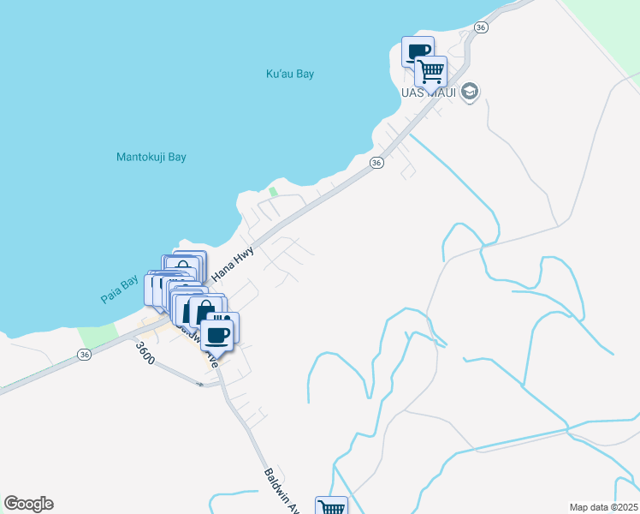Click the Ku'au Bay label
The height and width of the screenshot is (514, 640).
point(290,74)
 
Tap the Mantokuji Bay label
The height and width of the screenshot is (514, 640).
point(151,157)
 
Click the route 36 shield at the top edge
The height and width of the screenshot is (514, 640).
point(481,28)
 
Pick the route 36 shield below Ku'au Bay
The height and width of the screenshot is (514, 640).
point(376,162)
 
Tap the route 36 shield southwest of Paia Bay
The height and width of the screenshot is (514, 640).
point(84,354)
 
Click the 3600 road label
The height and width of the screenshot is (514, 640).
point(145,354)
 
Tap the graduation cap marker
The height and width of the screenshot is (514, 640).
point(469,91)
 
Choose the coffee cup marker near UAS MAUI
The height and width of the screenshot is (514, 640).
point(418,51)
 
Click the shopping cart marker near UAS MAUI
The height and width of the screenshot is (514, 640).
point(431,70)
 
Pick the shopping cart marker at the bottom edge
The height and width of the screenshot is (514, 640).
point(332,507)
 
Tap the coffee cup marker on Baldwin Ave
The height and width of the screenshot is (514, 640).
point(216,334)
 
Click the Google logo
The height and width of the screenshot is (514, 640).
point(28,504)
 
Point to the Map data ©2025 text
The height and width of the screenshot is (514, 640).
point(603,507)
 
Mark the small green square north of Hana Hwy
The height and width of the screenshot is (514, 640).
point(274,192)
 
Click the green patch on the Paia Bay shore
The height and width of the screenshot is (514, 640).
point(96,337)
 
